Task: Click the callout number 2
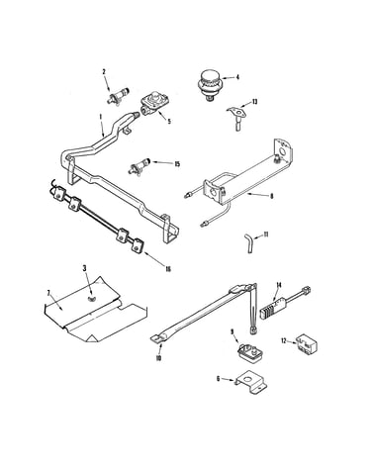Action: tap(104, 71)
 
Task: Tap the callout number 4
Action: tap(237, 77)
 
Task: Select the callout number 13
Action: tap(254, 102)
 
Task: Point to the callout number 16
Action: tap(168, 269)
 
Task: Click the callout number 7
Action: tap(48, 293)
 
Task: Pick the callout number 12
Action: tap(284, 340)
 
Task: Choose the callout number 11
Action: tap(266, 235)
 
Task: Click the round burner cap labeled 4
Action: tap(209, 85)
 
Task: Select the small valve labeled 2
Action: tap(118, 96)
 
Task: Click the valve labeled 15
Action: tap(139, 166)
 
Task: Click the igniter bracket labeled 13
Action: tap(236, 117)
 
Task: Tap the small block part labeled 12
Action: tap(307, 344)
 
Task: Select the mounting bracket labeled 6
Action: tap(251, 382)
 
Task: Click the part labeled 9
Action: tap(250, 351)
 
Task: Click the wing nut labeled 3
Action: tap(90, 298)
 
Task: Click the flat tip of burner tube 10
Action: tap(156, 338)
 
